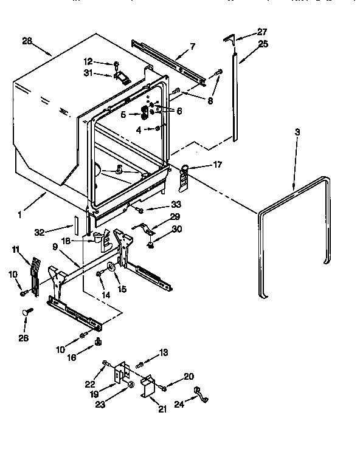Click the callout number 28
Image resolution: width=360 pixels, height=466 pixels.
click(x=26, y=42)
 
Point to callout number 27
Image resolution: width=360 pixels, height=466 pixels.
click(x=262, y=32)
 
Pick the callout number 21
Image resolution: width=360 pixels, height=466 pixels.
click(x=162, y=409)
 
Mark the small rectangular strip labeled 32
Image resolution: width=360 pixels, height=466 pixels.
click(x=76, y=224)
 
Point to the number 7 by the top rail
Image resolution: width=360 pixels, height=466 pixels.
click(x=192, y=46)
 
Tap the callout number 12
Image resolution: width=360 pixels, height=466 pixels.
click(x=88, y=61)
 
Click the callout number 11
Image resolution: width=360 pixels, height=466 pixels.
click(x=15, y=249)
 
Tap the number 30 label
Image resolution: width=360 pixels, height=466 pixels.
click(x=177, y=230)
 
